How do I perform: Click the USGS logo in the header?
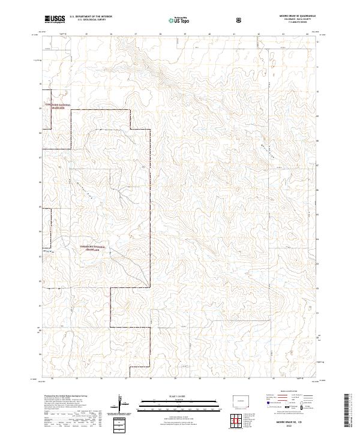click(55, 19)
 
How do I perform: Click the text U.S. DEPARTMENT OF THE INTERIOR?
click(91, 17)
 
